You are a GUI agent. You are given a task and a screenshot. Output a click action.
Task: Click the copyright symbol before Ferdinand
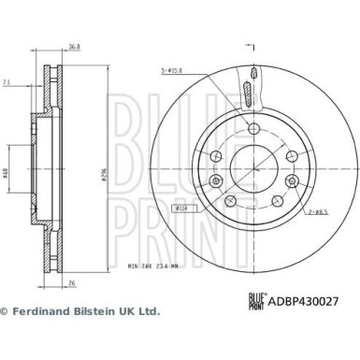point(5,310)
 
